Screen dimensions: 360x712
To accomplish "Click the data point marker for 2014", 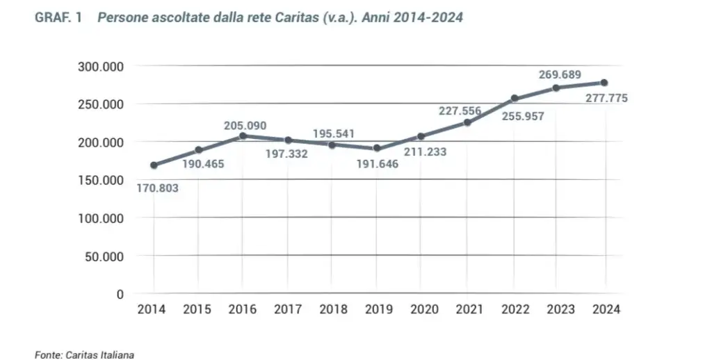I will (x=154, y=165).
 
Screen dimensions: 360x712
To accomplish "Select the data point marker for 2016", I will (x=243, y=136).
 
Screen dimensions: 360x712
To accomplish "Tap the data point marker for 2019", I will (x=377, y=148).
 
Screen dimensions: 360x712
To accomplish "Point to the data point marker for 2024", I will (x=604, y=83).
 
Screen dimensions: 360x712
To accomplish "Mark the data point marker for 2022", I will (x=515, y=99).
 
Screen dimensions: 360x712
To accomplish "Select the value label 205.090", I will (x=245, y=125).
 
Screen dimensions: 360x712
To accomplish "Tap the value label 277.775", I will (x=601, y=99).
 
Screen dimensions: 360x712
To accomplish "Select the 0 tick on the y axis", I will (x=119, y=294).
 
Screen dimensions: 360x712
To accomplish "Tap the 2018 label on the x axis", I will (x=333, y=310).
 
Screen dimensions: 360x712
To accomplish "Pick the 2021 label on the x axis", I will (x=468, y=310).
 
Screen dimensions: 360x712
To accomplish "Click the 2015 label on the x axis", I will (x=197, y=310).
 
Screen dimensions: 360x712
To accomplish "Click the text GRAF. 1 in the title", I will (x=58, y=18).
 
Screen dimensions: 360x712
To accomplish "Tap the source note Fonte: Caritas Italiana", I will (x=84, y=354).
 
